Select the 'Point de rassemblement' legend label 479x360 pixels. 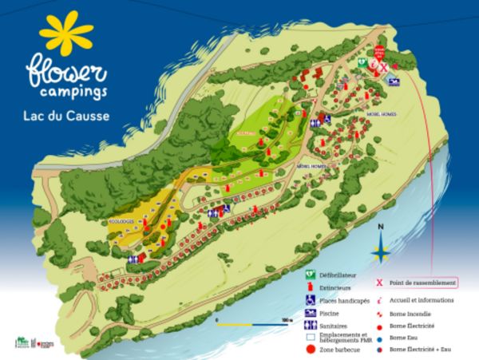[x=422, y=283]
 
